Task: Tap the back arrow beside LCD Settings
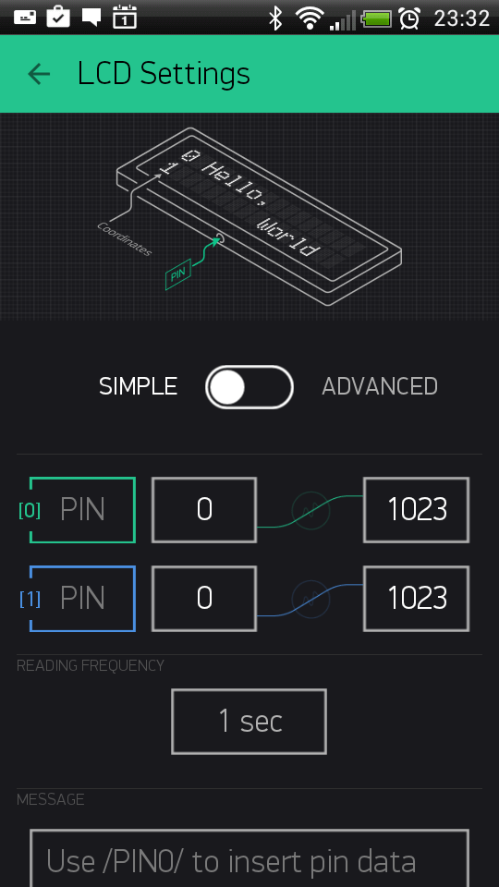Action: pyautogui.click(x=39, y=74)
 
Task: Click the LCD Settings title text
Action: pyautogui.click(x=164, y=74)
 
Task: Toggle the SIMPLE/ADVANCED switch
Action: pyautogui.click(x=249, y=387)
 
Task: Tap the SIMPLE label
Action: pyautogui.click(x=138, y=387)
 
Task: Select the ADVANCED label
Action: pyautogui.click(x=380, y=387)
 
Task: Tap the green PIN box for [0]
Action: pyautogui.click(x=82, y=510)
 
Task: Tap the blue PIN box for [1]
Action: pyautogui.click(x=82, y=599)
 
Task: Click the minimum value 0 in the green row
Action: pyautogui.click(x=204, y=510)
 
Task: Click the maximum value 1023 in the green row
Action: pyautogui.click(x=417, y=510)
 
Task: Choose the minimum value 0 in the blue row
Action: pyautogui.click(x=204, y=599)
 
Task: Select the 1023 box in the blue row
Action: pyautogui.click(x=417, y=599)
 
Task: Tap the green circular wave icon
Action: pyautogui.click(x=310, y=510)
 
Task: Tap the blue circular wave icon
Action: pyautogui.click(x=310, y=599)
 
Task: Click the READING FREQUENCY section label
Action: pyautogui.click(x=91, y=666)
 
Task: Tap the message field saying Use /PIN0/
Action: pyautogui.click(x=249, y=858)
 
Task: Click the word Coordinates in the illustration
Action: pyautogui.click(x=125, y=238)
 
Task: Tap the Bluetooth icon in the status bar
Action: pyautogui.click(x=275, y=18)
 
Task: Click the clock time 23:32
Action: pyautogui.click(x=461, y=18)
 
